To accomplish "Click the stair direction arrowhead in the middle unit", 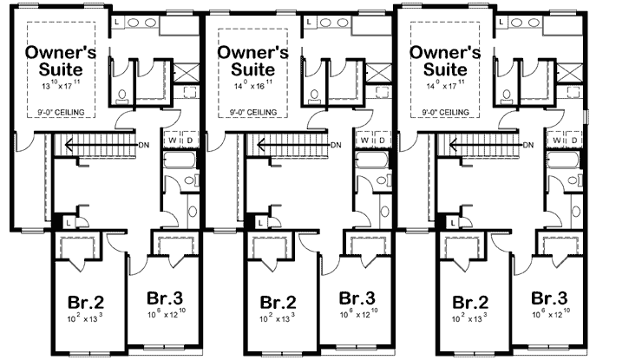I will click(249, 144).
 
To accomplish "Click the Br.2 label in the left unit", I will click(86, 303).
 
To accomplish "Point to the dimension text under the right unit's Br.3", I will click(549, 311).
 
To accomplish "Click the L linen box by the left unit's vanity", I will click(117, 19).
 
